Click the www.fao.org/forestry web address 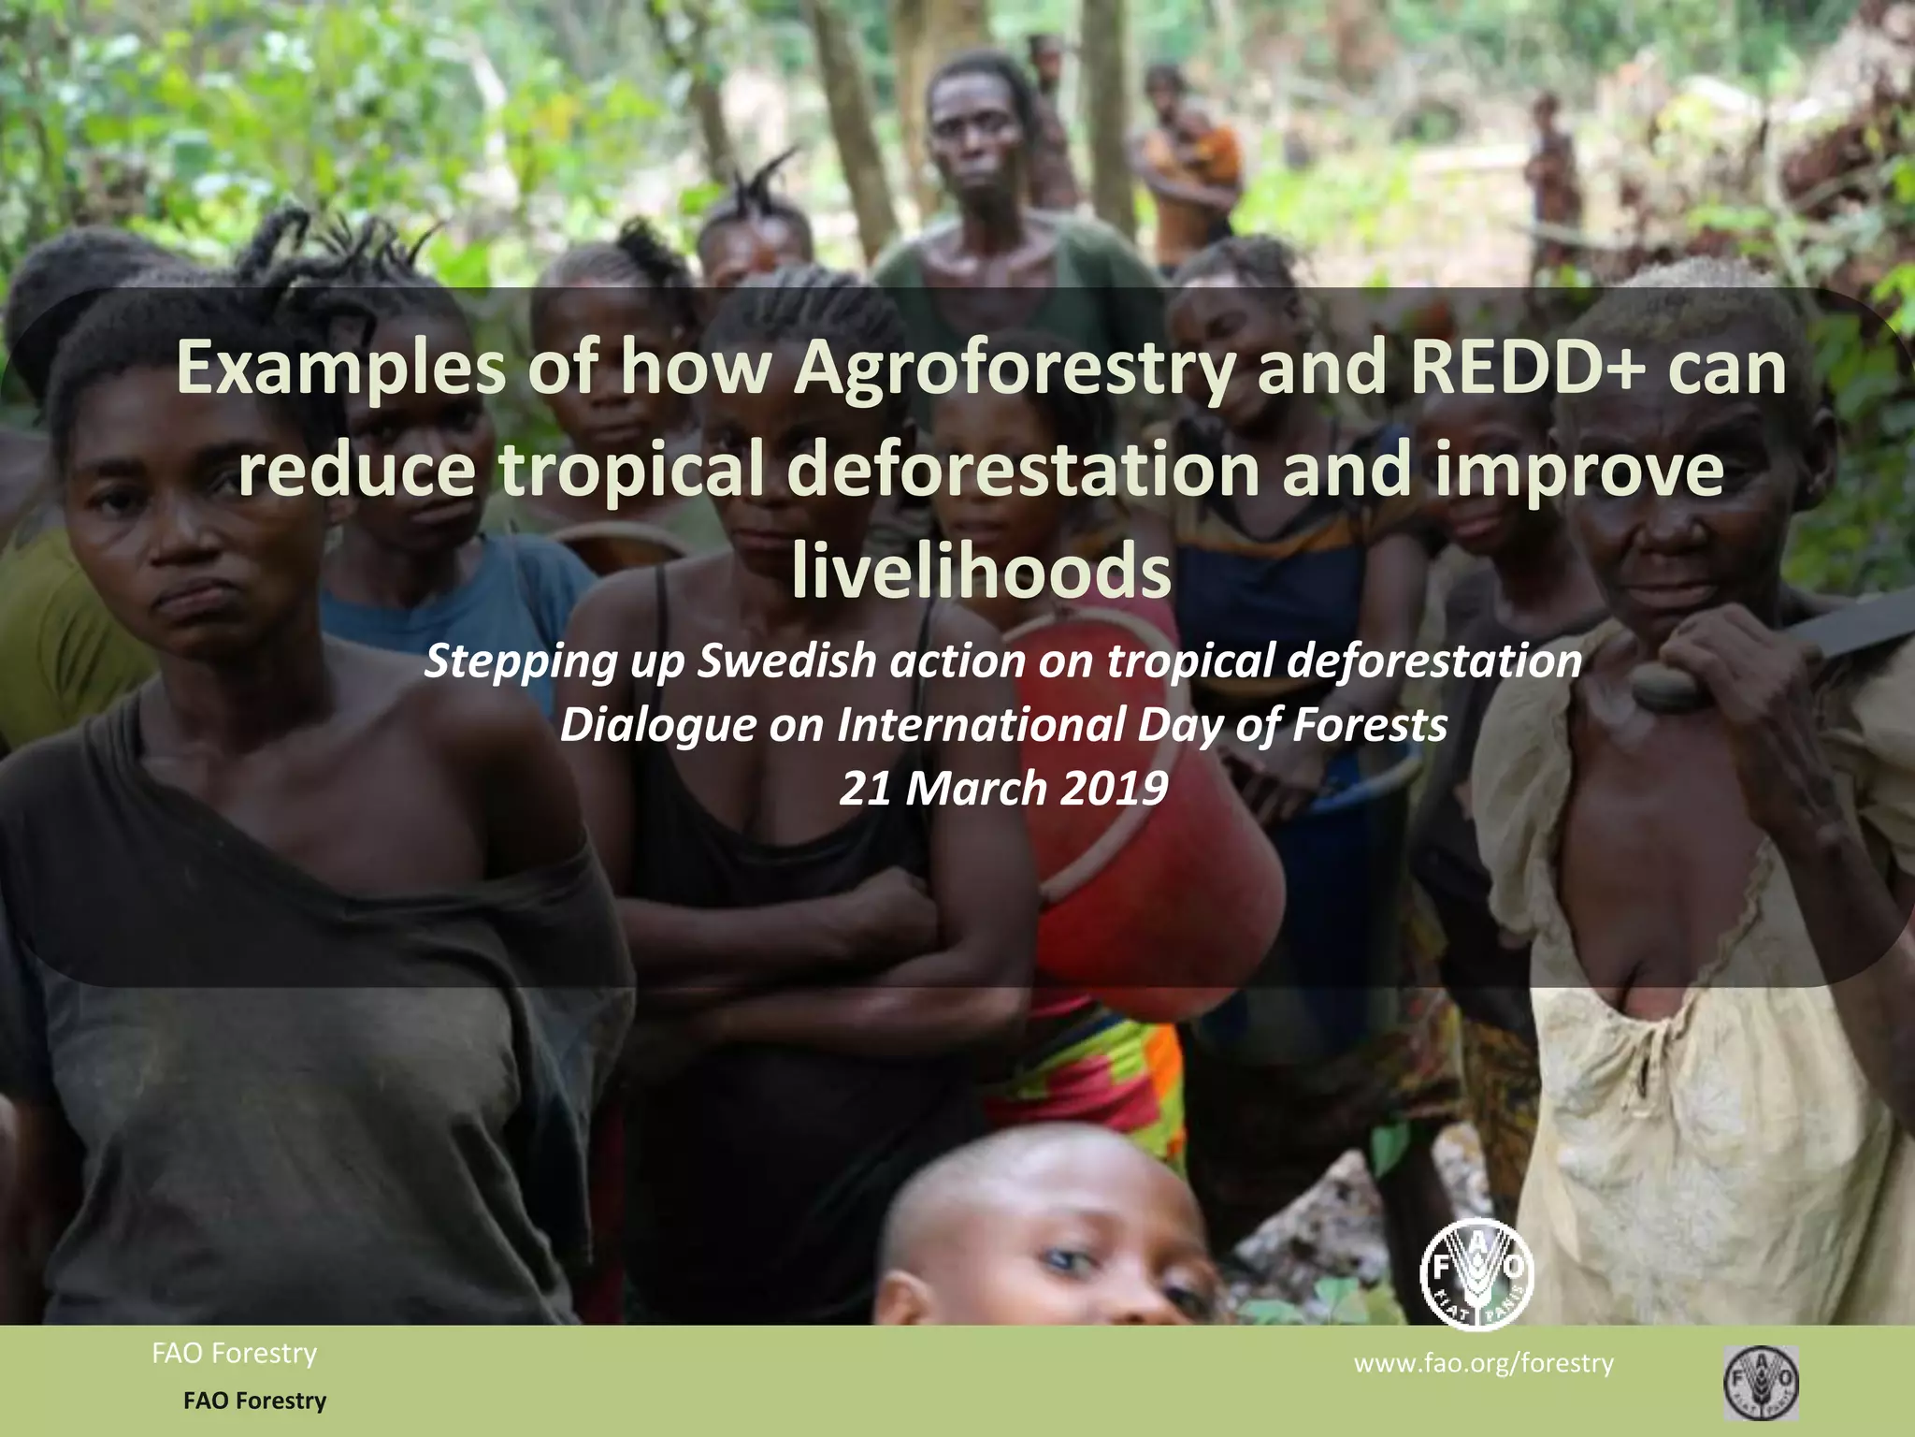click(1483, 1363)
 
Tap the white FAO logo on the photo click(1476, 1273)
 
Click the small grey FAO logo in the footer click(1761, 1383)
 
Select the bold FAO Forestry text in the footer click(254, 1401)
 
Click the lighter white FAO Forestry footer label click(234, 1353)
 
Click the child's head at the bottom click(1038, 1226)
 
